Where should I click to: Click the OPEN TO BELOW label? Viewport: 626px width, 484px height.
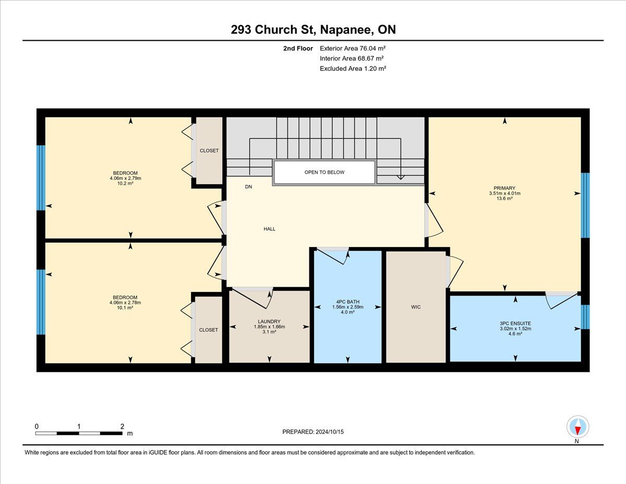pyautogui.click(x=324, y=172)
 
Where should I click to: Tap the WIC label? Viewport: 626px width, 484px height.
pyautogui.click(x=416, y=307)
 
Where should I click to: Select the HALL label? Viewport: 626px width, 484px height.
pyautogui.click(x=269, y=229)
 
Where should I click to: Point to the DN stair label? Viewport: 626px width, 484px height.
pyautogui.click(x=248, y=187)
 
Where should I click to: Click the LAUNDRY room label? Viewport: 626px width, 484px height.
pyautogui.click(x=269, y=322)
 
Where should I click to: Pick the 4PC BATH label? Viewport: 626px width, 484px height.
pyautogui.click(x=347, y=302)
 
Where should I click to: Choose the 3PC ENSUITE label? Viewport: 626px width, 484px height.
pyautogui.click(x=515, y=323)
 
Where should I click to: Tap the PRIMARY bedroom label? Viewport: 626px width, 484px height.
pyautogui.click(x=504, y=188)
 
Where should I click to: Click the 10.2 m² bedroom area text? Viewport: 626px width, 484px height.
pyautogui.click(x=125, y=183)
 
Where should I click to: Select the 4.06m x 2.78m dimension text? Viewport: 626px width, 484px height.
pyautogui.click(x=125, y=303)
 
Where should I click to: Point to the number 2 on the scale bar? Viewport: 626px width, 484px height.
pyautogui.click(x=122, y=426)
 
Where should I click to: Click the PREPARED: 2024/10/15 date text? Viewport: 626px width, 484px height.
pyautogui.click(x=313, y=432)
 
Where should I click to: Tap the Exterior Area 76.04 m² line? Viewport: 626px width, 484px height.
pyautogui.click(x=353, y=49)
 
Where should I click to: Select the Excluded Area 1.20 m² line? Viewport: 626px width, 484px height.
pyautogui.click(x=353, y=68)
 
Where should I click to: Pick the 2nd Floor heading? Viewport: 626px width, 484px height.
pyautogui.click(x=298, y=49)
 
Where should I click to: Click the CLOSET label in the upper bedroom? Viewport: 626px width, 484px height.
pyautogui.click(x=209, y=151)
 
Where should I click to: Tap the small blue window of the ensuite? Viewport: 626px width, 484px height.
pyautogui.click(x=585, y=317)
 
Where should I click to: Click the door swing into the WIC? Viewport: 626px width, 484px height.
pyautogui.click(x=455, y=272)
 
